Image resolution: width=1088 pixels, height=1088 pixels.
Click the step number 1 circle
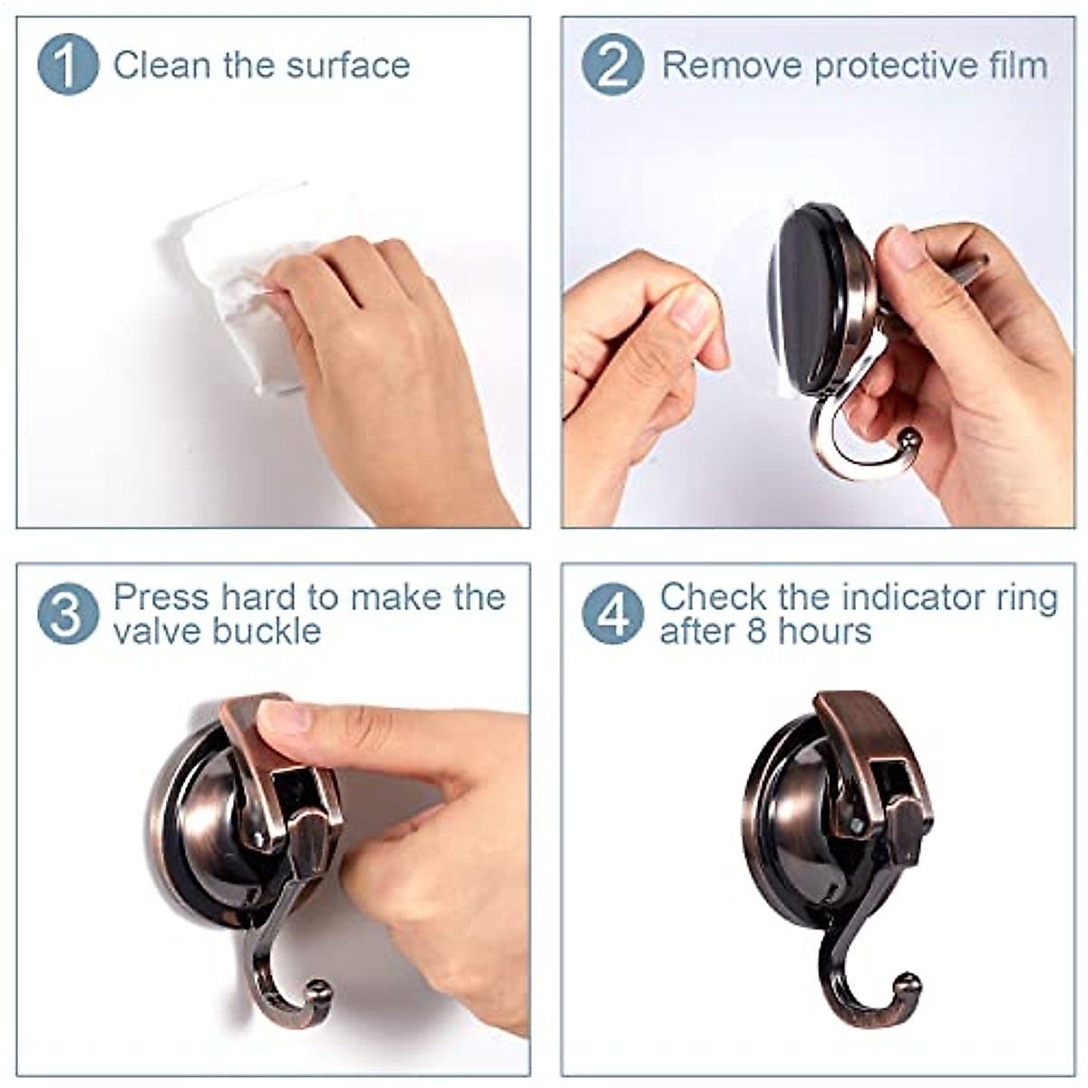coord(67,64)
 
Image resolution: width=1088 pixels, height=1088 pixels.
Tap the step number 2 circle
coord(613,64)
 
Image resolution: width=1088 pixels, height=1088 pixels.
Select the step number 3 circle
coord(67,614)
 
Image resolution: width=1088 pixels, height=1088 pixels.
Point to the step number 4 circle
coord(613,614)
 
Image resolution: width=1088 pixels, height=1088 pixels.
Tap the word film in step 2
coord(1015,65)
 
